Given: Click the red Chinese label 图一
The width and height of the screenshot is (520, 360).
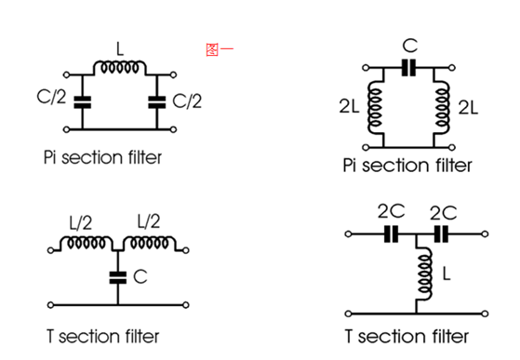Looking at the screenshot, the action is (x=220, y=49).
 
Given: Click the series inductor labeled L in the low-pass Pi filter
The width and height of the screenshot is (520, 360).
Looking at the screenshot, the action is (x=119, y=67).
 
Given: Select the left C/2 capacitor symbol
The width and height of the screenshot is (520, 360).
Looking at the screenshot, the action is (x=82, y=102).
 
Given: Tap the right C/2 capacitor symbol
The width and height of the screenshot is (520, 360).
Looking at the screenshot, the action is (x=157, y=102).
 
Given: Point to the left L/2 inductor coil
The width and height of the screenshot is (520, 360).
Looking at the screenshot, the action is (x=86, y=243).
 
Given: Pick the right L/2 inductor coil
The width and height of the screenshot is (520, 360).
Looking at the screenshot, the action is (x=149, y=243).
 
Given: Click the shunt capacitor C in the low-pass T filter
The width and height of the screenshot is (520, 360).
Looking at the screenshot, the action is (x=118, y=278).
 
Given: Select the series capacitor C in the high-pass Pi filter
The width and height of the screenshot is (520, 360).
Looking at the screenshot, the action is (x=408, y=68).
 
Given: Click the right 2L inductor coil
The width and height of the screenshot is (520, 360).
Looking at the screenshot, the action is (x=441, y=108).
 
